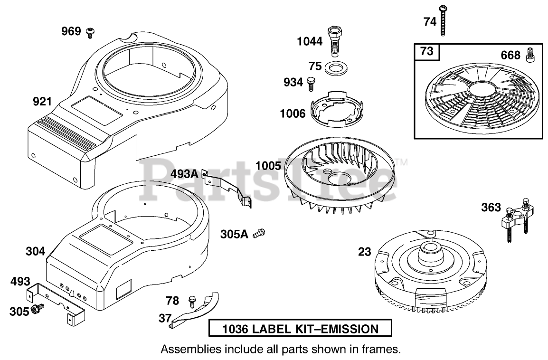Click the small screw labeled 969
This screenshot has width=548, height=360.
(90, 32)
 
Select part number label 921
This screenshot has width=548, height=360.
(42, 101)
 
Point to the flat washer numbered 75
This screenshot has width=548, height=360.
(337, 67)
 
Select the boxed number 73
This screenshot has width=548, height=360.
(427, 51)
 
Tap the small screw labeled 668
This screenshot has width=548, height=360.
(530, 55)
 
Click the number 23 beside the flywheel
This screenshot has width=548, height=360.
(365, 252)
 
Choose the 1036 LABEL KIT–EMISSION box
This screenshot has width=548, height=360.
(301, 329)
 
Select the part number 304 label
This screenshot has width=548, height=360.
(36, 251)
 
